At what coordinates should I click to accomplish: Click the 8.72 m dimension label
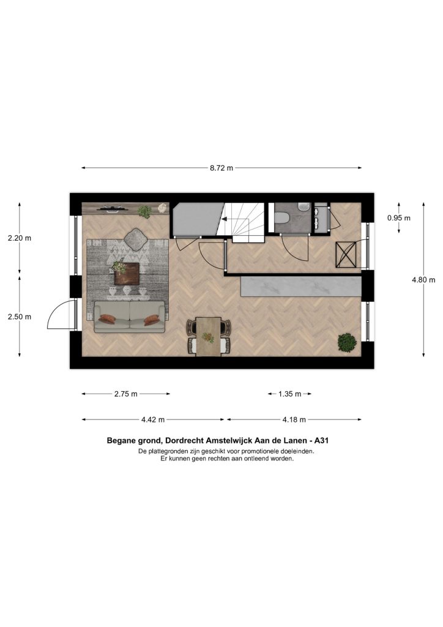pos(221,168)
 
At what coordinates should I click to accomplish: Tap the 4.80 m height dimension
pos(423,280)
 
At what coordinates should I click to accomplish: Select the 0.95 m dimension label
pos(399,218)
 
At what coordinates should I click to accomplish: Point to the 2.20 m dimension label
pos(19,238)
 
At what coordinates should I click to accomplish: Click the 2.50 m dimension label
pos(19,317)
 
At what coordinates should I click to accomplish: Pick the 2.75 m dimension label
pos(126,394)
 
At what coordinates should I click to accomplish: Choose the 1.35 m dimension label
pos(289,394)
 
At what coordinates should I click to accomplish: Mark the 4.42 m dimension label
pos(152,419)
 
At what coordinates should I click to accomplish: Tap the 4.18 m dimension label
pos(294,419)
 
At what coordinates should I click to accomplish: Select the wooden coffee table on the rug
pos(127,274)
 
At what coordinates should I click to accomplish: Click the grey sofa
pos(130,317)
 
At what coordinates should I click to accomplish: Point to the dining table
pos(208,336)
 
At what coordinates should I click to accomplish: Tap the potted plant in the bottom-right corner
pos(347,343)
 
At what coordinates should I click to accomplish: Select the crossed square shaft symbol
pos(346,255)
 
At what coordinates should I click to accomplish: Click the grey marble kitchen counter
pos(301,287)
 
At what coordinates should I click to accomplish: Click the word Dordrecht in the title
pos(184,441)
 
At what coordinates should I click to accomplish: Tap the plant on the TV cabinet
pos(144,211)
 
